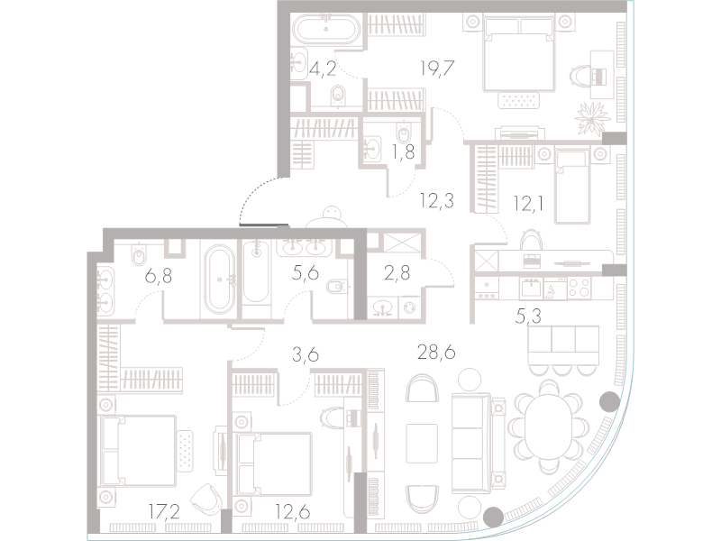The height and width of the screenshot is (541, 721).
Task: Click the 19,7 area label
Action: point(437,69)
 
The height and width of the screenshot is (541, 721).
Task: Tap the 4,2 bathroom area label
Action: point(323,70)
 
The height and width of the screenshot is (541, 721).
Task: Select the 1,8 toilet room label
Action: point(403,151)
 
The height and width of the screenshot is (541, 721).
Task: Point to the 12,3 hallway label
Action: point(437,200)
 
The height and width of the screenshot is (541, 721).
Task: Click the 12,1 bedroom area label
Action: point(529,203)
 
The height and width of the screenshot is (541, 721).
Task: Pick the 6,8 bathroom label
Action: point(159,277)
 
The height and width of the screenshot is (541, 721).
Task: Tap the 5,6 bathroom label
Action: point(306,274)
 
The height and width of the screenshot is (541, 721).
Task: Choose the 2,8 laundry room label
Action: point(397,273)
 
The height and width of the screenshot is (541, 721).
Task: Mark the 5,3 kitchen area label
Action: point(528,316)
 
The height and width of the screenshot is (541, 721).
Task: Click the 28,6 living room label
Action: point(436,353)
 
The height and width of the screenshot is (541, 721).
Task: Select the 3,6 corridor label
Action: point(306,355)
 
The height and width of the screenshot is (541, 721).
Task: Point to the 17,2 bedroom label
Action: point(164,510)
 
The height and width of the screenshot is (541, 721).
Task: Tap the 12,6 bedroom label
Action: point(292,511)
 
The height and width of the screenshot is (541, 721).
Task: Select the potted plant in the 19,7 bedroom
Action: point(592,118)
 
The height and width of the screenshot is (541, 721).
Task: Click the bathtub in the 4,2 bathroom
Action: point(326,30)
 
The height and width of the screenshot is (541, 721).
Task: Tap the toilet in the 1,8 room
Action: point(404,133)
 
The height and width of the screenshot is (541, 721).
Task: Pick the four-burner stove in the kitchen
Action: point(580,289)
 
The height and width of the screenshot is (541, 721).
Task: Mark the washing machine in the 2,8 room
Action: point(409,307)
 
